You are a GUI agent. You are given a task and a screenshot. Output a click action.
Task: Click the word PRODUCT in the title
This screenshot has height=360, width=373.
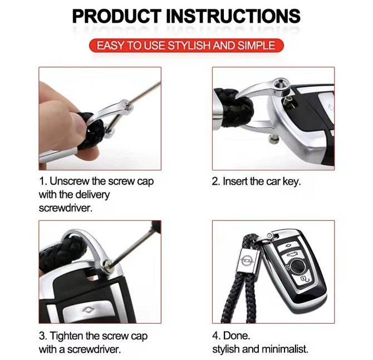pyautogui.click(x=116, y=16)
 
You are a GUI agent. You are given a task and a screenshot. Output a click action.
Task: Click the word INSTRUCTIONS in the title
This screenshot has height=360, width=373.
pyautogui.click(x=233, y=16)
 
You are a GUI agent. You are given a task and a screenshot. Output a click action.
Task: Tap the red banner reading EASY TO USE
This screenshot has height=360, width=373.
pyautogui.click(x=186, y=45)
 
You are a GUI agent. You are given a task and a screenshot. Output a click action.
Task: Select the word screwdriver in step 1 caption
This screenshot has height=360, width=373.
pyautogui.click(x=66, y=208)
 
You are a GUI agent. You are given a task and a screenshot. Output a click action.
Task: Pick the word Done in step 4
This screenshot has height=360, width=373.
pyautogui.click(x=237, y=336)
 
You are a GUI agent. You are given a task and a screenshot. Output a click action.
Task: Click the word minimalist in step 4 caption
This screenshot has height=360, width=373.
pyautogui.click(x=284, y=349)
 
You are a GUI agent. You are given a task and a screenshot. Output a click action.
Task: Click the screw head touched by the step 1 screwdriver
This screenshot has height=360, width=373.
pyautogui.click(x=127, y=104)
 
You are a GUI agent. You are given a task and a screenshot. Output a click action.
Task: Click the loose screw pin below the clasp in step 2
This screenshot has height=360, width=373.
pyautogui.click(x=274, y=139)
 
